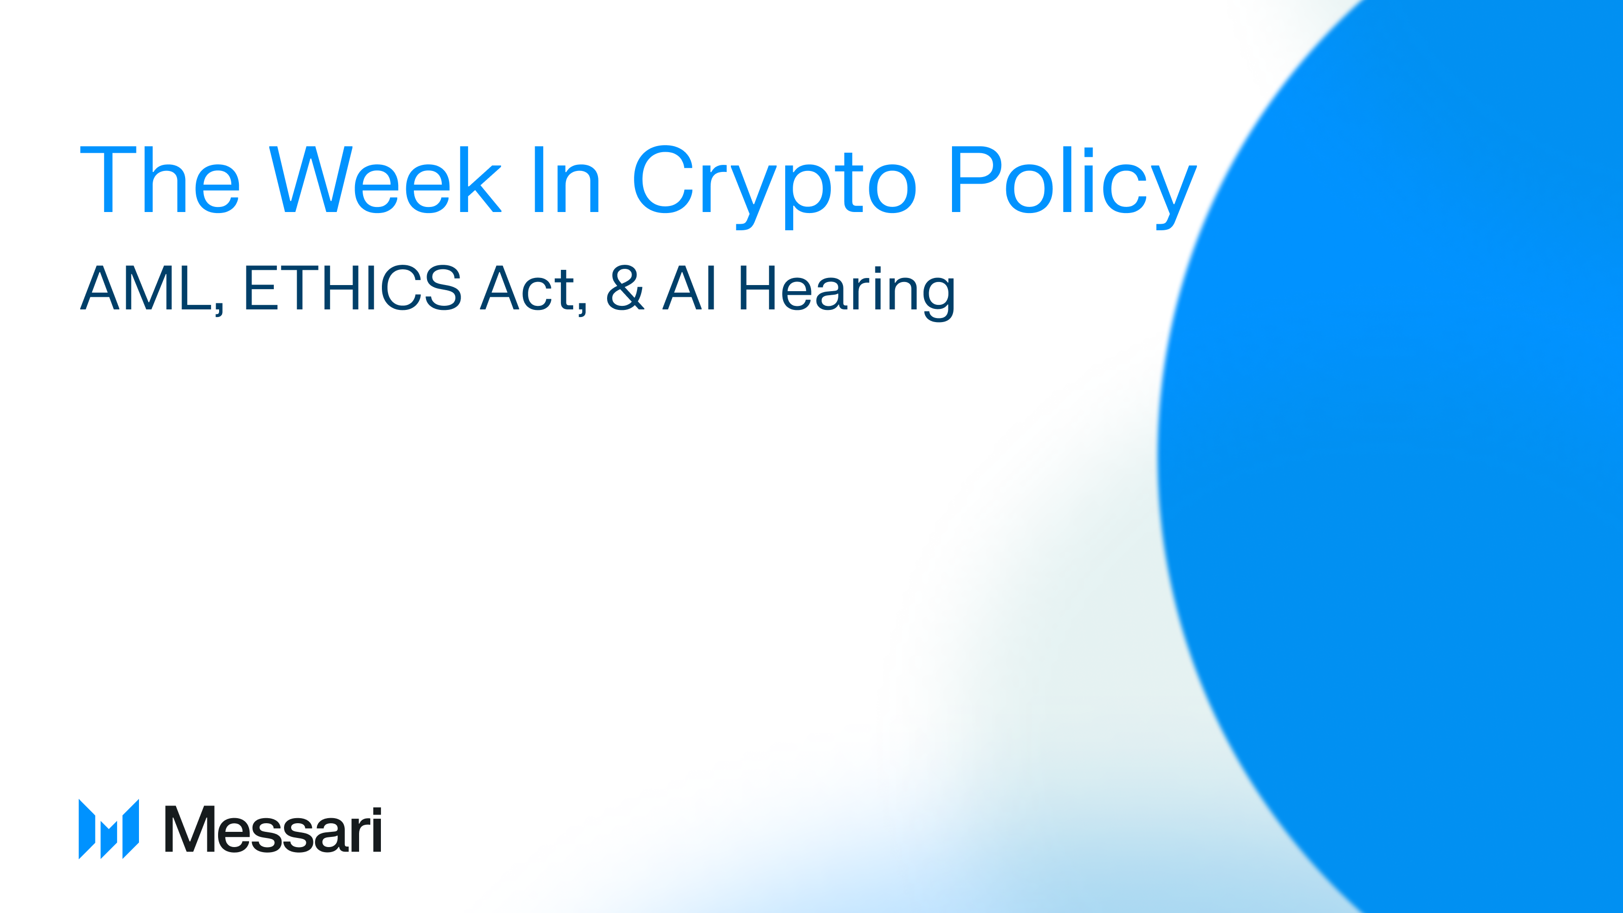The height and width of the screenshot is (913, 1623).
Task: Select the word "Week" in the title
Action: [385, 180]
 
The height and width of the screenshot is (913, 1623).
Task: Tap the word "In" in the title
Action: [567, 180]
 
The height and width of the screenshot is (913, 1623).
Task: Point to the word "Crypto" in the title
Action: [773, 183]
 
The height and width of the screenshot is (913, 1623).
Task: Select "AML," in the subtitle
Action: [151, 289]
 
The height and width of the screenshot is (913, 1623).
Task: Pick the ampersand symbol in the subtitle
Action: [625, 288]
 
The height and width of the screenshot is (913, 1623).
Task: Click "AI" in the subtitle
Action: [689, 288]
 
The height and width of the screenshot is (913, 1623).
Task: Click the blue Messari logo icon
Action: [109, 829]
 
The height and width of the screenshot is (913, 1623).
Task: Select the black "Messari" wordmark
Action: [273, 829]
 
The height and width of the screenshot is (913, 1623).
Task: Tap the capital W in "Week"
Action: [310, 180]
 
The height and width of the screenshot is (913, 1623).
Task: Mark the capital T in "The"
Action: [108, 180]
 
